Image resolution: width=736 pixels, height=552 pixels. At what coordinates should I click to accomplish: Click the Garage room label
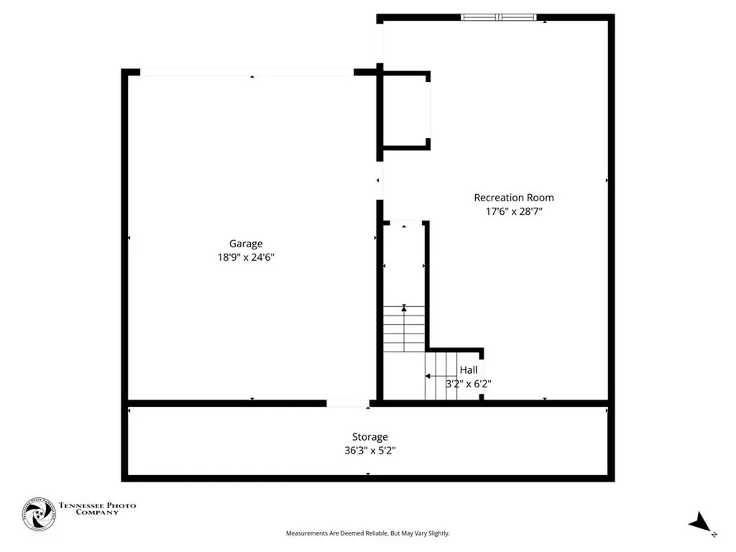coord(246,244)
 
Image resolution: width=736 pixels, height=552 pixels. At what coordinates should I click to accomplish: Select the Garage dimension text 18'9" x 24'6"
coord(246,257)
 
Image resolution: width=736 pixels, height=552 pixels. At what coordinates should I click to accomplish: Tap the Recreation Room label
coord(513,198)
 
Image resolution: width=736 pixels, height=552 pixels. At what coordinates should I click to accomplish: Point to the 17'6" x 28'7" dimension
coord(513,211)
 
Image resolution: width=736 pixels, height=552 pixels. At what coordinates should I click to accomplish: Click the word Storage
coord(370,437)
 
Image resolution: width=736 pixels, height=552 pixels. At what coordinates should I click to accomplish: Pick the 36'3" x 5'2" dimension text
coord(370,451)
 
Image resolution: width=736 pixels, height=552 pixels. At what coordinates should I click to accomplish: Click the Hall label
coord(469,370)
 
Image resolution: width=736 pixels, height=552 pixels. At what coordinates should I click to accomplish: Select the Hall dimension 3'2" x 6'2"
coord(468,384)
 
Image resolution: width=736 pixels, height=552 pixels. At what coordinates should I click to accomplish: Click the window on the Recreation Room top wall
coord(498,17)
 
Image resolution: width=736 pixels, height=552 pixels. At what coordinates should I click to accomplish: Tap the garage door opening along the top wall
coord(247,72)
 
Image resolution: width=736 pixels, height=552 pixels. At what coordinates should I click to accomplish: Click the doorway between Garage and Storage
coord(348,403)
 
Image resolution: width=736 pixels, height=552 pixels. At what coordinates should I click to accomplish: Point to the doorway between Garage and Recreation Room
coord(379,180)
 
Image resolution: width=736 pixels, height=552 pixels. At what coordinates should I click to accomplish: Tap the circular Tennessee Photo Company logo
coord(39,514)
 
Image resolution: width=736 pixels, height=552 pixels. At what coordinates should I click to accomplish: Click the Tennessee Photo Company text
coord(97,509)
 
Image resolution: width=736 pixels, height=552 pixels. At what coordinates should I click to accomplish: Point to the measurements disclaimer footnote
coord(367,533)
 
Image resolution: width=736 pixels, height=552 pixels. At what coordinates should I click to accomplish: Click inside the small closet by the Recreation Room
coord(405,111)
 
